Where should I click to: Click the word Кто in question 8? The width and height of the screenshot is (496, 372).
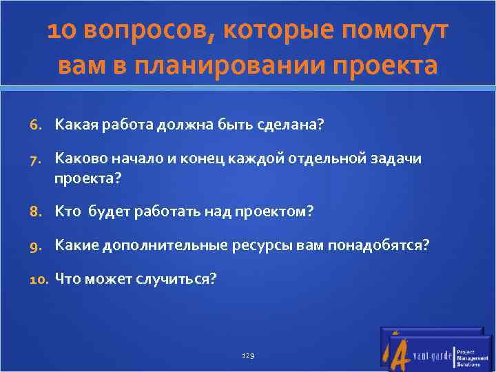tap(68, 211)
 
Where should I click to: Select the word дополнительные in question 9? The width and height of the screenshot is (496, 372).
tap(157, 245)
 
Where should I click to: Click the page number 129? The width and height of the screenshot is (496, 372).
tap(249, 355)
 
